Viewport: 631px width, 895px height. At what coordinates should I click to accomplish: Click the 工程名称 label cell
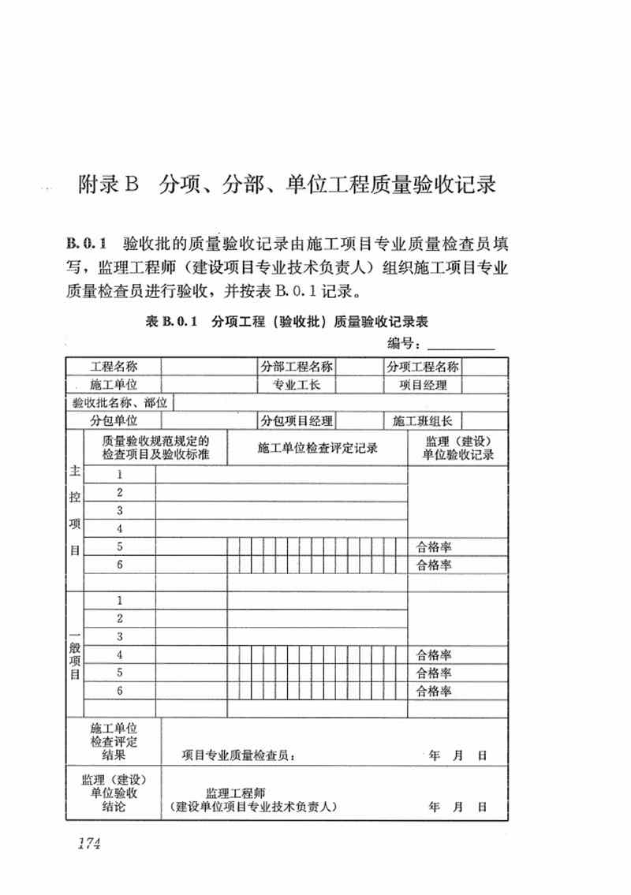tap(114, 367)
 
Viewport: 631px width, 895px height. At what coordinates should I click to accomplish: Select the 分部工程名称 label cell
tap(297, 367)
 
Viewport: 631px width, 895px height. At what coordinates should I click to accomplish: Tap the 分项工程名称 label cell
tap(423, 367)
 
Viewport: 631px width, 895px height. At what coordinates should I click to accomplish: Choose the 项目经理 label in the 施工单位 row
tap(423, 385)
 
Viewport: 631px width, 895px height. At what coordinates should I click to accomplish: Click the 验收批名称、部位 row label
tap(119, 403)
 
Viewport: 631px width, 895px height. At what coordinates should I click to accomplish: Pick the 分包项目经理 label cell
tap(297, 421)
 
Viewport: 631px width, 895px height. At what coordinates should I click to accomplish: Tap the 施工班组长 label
tap(423, 421)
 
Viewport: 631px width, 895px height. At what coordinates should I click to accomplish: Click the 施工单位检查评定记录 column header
tap(317, 448)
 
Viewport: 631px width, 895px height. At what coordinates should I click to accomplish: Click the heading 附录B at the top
tap(108, 186)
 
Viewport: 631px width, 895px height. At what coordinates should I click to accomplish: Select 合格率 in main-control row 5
tap(434, 546)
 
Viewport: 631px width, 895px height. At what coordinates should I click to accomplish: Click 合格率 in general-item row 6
tap(434, 691)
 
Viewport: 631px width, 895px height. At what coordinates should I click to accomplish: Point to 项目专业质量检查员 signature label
tap(239, 755)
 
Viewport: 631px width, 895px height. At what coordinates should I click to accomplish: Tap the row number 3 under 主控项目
tap(120, 510)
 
